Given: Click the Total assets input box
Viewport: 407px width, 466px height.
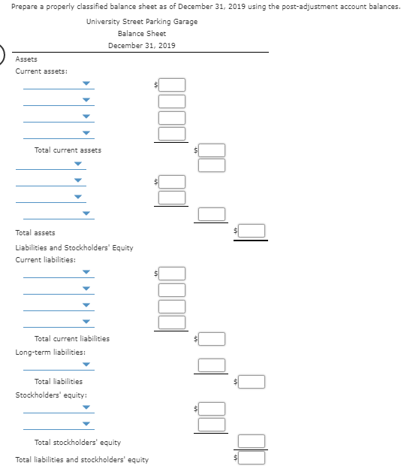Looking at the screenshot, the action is (x=252, y=231).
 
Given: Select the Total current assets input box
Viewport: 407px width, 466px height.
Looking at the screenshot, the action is (x=212, y=150).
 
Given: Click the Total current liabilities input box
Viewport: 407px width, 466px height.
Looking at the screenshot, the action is (x=212, y=339).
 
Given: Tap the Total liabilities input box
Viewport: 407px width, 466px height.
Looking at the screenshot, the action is (x=252, y=382).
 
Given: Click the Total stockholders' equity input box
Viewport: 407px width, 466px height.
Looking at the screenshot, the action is (x=252, y=441).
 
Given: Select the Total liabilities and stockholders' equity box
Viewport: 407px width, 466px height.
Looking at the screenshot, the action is (x=252, y=458).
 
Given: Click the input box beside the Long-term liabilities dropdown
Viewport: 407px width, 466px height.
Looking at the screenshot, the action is (x=212, y=365).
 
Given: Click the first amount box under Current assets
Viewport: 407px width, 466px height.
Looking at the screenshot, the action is (x=172, y=85).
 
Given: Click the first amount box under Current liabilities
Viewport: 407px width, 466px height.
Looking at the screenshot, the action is (x=172, y=274).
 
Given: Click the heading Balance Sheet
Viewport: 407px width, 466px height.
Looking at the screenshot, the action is (x=142, y=34).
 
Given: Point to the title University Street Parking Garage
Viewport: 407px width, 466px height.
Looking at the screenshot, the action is (x=142, y=21).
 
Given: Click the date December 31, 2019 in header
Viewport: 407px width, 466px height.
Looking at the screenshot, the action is (x=142, y=45).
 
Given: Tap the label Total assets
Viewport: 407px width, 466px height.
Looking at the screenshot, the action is (x=35, y=233).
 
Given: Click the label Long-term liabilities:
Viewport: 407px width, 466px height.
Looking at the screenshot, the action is (x=50, y=353).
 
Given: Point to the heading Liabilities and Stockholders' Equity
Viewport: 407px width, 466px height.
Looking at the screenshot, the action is (x=74, y=247).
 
